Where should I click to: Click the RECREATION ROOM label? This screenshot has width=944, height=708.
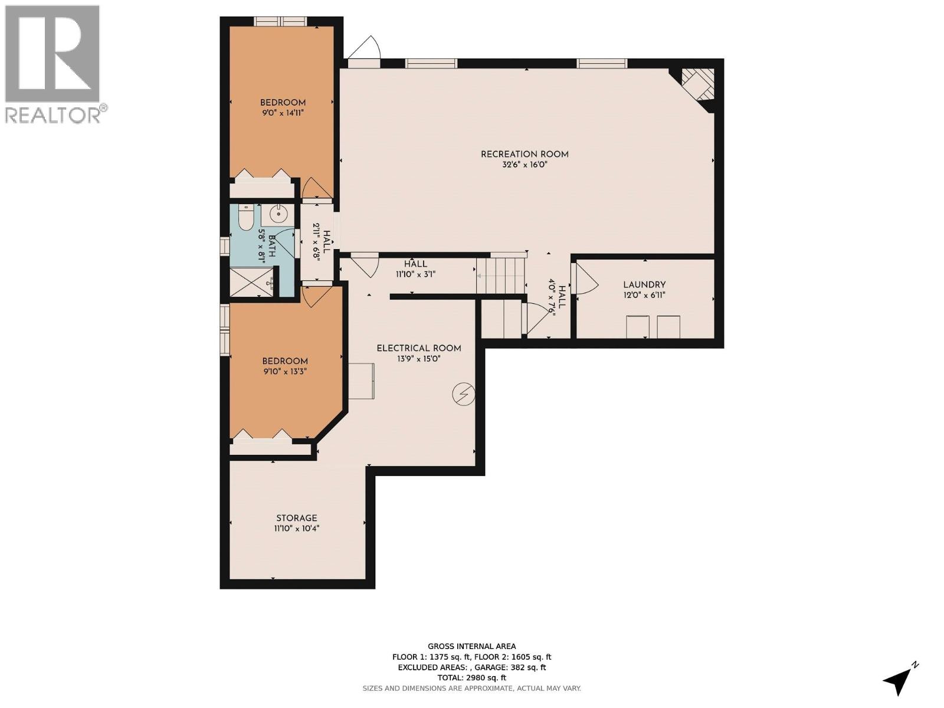[x=525, y=154]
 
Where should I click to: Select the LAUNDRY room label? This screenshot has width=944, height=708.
[x=644, y=284]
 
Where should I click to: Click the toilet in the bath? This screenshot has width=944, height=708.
[x=245, y=218]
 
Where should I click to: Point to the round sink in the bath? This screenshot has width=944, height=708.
[x=278, y=214]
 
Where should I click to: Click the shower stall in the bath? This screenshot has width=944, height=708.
[x=252, y=282]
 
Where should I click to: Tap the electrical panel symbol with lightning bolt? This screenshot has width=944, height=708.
[x=464, y=394]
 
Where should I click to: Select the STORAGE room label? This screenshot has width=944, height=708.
[x=297, y=518]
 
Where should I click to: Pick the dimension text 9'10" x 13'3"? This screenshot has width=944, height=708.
[x=285, y=372]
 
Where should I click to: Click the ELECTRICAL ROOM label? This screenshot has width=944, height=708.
[x=419, y=348]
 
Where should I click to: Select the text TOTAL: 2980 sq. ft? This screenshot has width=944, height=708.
[x=471, y=678]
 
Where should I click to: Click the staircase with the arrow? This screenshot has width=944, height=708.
[x=501, y=275]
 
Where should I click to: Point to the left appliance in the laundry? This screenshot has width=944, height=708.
[x=637, y=326]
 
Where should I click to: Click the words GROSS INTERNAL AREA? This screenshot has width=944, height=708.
[x=471, y=646]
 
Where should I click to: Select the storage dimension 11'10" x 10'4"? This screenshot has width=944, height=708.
[x=297, y=529]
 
